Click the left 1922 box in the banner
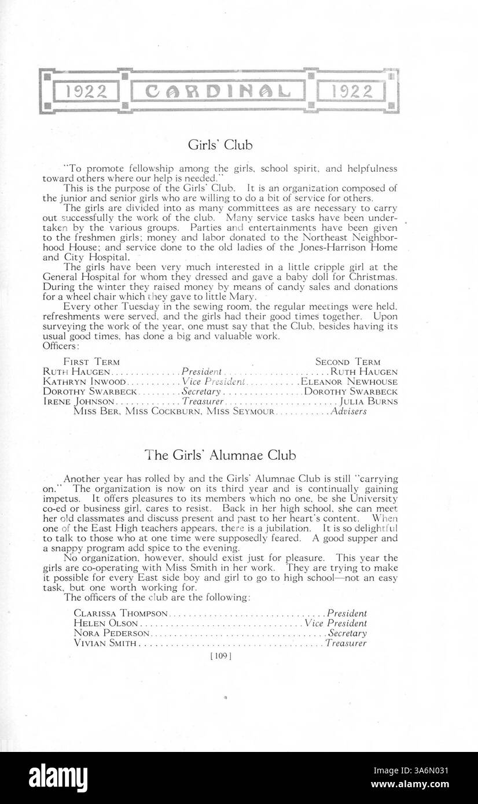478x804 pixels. [x=85, y=91]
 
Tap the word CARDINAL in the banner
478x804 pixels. [x=218, y=91]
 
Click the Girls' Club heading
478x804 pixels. [x=220, y=144]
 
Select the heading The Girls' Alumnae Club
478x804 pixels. [x=220, y=455]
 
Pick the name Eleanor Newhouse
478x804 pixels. [x=348, y=382]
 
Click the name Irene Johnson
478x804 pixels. [x=79, y=401]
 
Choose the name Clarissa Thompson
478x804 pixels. [x=121, y=613]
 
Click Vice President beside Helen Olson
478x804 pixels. [x=336, y=624]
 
